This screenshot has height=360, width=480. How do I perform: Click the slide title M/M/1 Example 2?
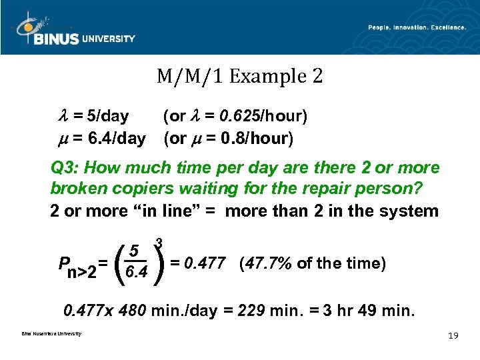(240, 77)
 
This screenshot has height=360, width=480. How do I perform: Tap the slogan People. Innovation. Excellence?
(417, 27)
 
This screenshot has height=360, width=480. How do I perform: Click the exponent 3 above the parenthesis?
(159, 242)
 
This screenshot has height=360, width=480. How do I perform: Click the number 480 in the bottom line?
(131, 311)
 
